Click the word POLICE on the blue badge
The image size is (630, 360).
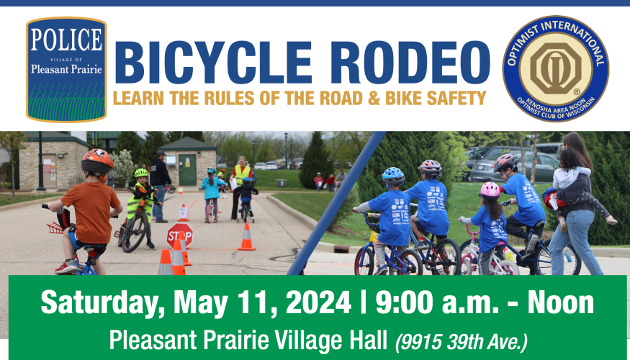pos(66,39)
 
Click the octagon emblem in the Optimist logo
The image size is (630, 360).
pos(556,68)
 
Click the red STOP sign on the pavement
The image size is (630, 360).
pos(179,235)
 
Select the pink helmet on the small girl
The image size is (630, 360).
pos(490,191)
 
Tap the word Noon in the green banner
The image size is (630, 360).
pos(560,303)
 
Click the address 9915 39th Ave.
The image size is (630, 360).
pos(462,342)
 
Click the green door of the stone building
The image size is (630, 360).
pos(188,169)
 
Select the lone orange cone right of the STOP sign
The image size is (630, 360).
pos(246,237)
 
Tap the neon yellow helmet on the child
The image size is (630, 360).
pos(141,173)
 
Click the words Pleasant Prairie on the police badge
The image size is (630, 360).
pos(66,69)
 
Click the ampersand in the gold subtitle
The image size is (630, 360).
pos(374,98)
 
